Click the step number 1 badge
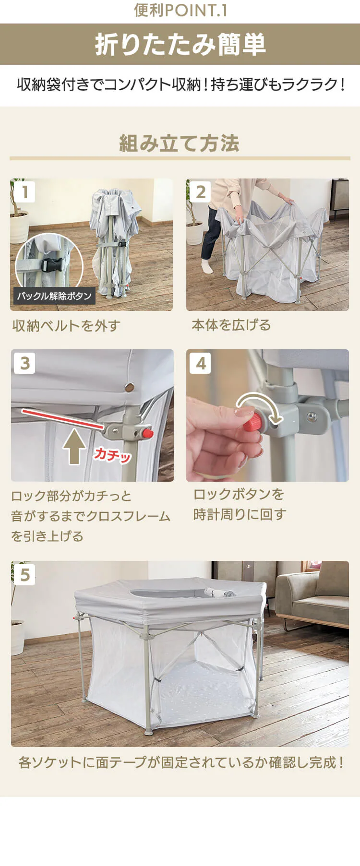pyautogui.click(x=24, y=192)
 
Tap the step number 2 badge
pyautogui.click(x=201, y=192)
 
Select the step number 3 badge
pyautogui.click(x=25, y=363)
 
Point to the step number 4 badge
pyautogui.click(x=201, y=363)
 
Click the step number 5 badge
pyautogui.click(x=25, y=575)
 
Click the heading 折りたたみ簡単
pyautogui.click(x=180, y=45)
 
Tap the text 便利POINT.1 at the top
pyautogui.click(x=180, y=11)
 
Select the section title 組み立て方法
pyautogui.click(x=180, y=143)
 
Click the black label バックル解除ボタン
pyautogui.click(x=54, y=296)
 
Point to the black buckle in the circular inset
pyautogui.click(x=53, y=265)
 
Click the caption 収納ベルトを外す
pyautogui.click(x=66, y=326)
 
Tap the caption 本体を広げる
pyautogui.click(x=231, y=325)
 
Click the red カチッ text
pyautogui.click(x=112, y=454)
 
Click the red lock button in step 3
pyautogui.click(x=147, y=434)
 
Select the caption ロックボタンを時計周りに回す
pyautogui.click(x=240, y=504)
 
